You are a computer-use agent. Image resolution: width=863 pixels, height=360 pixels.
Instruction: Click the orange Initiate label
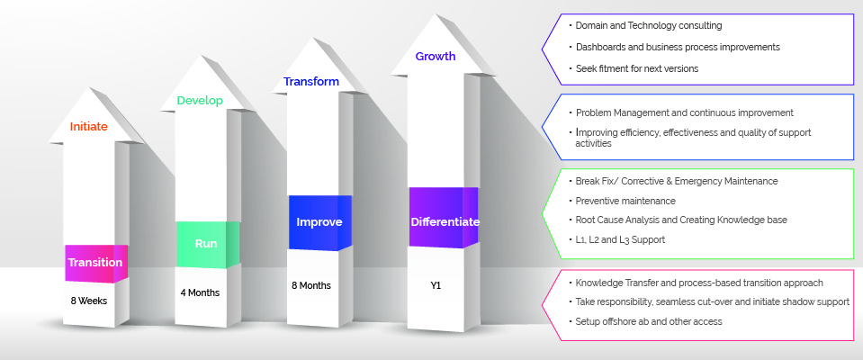pyautogui.click(x=88, y=127)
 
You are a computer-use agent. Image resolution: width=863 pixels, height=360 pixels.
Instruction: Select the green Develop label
pyautogui.click(x=200, y=101)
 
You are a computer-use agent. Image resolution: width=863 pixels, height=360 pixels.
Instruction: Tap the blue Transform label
pyautogui.click(x=311, y=82)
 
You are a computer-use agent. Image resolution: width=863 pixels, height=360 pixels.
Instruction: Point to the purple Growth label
pyautogui.click(x=436, y=56)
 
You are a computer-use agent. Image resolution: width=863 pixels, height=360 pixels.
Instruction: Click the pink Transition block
pyautogui.click(x=95, y=263)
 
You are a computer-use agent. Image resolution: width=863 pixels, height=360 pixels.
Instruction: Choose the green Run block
pyautogui.click(x=208, y=245)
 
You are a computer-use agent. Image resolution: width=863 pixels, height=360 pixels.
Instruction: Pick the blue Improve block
pyautogui.click(x=319, y=222)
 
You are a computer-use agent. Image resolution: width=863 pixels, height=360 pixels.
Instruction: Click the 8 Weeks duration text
pyautogui.click(x=88, y=301)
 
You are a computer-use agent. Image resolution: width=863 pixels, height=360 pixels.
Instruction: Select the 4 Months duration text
pyautogui.click(x=200, y=292)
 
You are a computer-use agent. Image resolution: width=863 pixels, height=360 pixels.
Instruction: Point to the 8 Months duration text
pyautogui.click(x=311, y=285)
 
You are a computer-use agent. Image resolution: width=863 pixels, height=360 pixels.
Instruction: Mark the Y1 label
pyautogui.click(x=436, y=285)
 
